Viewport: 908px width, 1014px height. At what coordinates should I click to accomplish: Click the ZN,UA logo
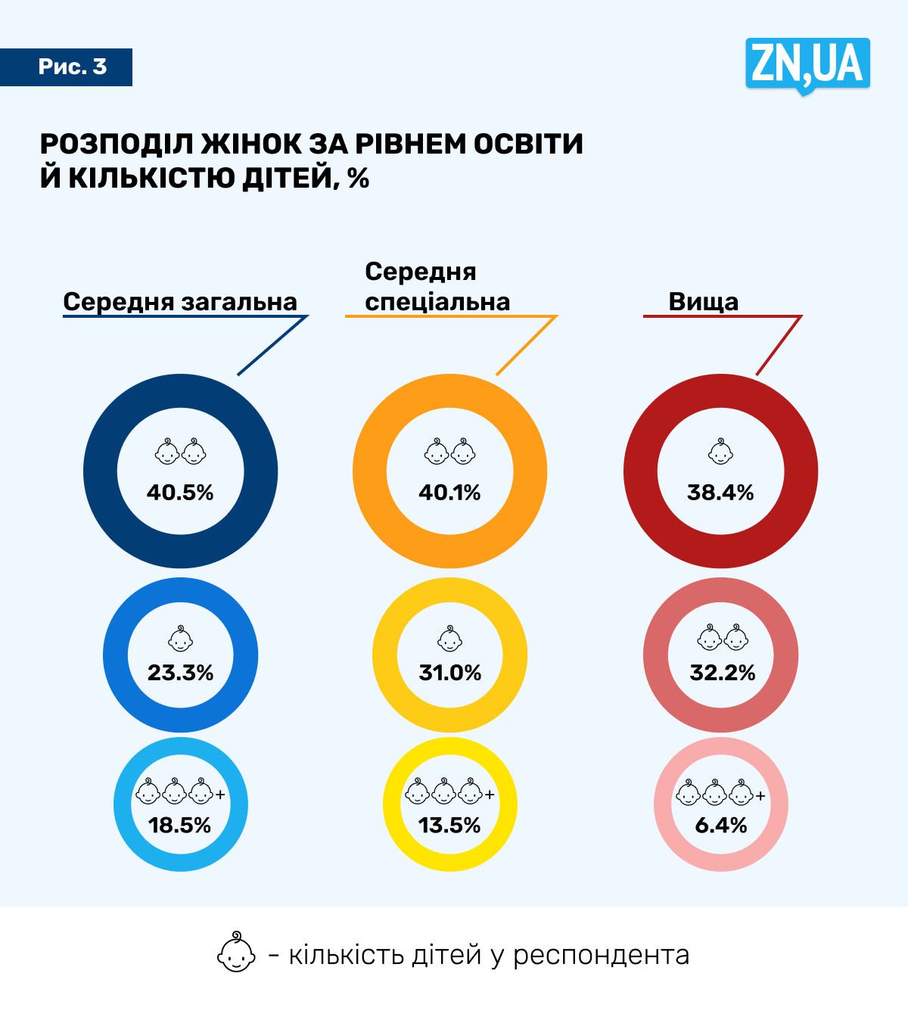(807, 64)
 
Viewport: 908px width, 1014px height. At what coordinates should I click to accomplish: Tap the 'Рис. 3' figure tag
(73, 67)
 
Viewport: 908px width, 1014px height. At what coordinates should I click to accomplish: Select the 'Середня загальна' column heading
(180, 301)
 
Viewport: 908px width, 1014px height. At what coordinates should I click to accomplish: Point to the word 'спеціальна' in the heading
(437, 301)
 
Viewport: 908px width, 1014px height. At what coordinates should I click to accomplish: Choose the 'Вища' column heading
(703, 301)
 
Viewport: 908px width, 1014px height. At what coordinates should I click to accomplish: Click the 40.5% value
(180, 493)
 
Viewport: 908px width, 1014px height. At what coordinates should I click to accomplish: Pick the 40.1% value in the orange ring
(449, 493)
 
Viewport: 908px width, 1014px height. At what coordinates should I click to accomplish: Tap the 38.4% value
(720, 493)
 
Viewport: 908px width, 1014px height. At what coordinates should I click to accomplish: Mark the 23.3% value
(180, 673)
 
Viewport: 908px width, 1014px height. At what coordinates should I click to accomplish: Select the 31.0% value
(449, 673)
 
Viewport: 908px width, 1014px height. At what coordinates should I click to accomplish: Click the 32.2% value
(722, 673)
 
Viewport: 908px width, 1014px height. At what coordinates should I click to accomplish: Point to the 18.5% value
(179, 825)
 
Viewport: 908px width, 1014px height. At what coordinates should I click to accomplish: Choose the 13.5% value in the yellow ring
(449, 825)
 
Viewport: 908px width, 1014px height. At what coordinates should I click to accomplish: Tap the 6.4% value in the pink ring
(720, 825)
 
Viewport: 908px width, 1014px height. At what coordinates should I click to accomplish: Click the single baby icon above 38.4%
(720, 452)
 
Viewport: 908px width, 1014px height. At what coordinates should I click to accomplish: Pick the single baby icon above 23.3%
(180, 639)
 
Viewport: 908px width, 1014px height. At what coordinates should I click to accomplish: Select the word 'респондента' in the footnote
(601, 955)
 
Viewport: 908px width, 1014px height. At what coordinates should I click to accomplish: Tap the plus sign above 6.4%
(760, 795)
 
